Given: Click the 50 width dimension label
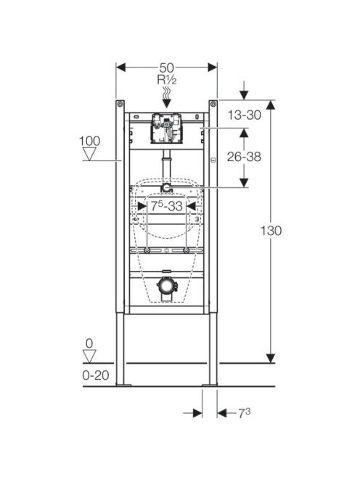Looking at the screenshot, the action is click(166, 68).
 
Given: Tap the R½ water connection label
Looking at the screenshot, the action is click(167, 80).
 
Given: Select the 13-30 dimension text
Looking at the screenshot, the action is click(245, 115).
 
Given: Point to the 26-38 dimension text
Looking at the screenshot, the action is click(244, 157).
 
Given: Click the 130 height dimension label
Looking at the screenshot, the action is click(271, 231).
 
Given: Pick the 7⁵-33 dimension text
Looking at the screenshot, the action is click(167, 206).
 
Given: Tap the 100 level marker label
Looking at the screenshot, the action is click(89, 141).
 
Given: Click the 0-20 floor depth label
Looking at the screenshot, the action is click(96, 375).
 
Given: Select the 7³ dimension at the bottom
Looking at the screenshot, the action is click(245, 413).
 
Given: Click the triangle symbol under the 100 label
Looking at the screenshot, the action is click(89, 154).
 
